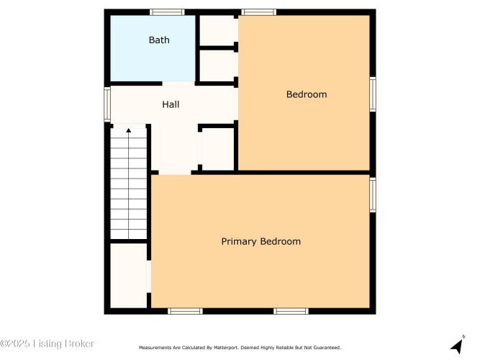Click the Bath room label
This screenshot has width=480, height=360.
159,40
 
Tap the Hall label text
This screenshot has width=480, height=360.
171,104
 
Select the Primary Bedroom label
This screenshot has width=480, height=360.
261,241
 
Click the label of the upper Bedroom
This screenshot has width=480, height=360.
307,94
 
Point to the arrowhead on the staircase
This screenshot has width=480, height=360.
129,130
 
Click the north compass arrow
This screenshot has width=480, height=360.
458,346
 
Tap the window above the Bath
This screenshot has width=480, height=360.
167,12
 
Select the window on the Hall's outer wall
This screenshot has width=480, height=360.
107,104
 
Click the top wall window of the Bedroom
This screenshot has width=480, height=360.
258,12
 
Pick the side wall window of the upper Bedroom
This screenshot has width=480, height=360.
373,94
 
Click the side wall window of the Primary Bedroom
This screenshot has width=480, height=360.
373,195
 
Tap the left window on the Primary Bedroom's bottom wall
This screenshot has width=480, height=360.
185,311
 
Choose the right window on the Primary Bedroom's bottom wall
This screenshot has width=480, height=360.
291,311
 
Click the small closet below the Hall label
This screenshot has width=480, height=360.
217,149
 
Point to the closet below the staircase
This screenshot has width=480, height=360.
129,276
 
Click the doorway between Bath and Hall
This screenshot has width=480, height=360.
178,84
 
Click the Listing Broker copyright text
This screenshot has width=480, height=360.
47,343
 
